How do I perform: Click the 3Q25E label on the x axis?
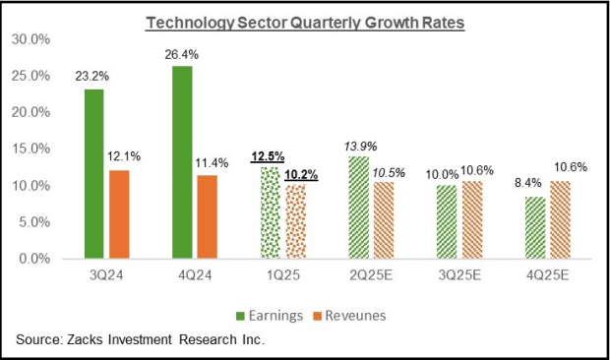pos(454,276)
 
